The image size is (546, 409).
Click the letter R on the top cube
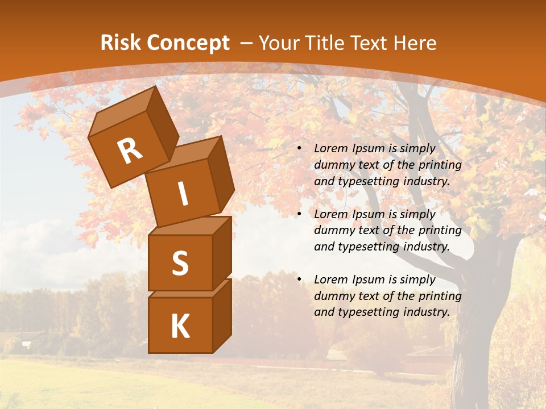point(130,151)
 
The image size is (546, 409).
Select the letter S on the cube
point(180,264)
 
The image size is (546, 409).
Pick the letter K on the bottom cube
point(180,327)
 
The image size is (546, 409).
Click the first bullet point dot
point(299,149)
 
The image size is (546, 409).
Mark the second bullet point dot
point(299,215)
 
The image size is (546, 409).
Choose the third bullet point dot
point(299,280)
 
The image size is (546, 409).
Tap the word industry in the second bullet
point(426,247)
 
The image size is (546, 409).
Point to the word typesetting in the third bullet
point(368,312)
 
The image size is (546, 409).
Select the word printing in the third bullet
point(440,295)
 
